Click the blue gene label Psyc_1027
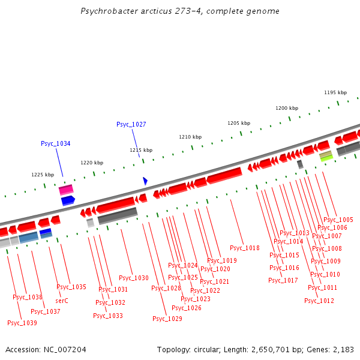[131, 124]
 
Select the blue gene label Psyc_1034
[56, 143]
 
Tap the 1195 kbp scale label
[335, 92]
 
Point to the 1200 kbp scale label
[287, 108]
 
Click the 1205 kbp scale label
[238, 123]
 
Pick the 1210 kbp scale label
[190, 137]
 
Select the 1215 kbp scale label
[141, 150]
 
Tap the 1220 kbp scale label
[92, 163]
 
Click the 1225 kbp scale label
[43, 175]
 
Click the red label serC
[62, 301]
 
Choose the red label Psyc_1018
[245, 248]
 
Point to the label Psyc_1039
[22, 323]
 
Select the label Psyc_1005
[338, 220]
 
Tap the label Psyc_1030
[134, 278]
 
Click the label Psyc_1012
[319, 301]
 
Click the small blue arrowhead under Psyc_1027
[145, 181]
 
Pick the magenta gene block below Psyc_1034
[66, 190]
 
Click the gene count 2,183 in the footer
[341, 349]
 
